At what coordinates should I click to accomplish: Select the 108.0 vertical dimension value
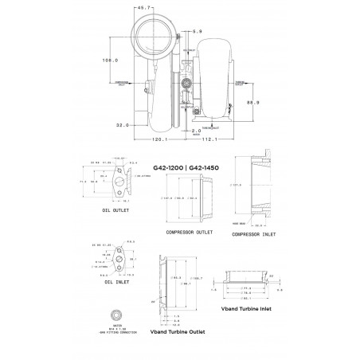point(111,60)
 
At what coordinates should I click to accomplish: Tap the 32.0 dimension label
point(123,125)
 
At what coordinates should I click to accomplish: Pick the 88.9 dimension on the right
point(252,103)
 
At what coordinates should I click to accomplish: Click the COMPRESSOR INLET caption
point(253,235)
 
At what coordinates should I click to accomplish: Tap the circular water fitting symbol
point(115,315)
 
